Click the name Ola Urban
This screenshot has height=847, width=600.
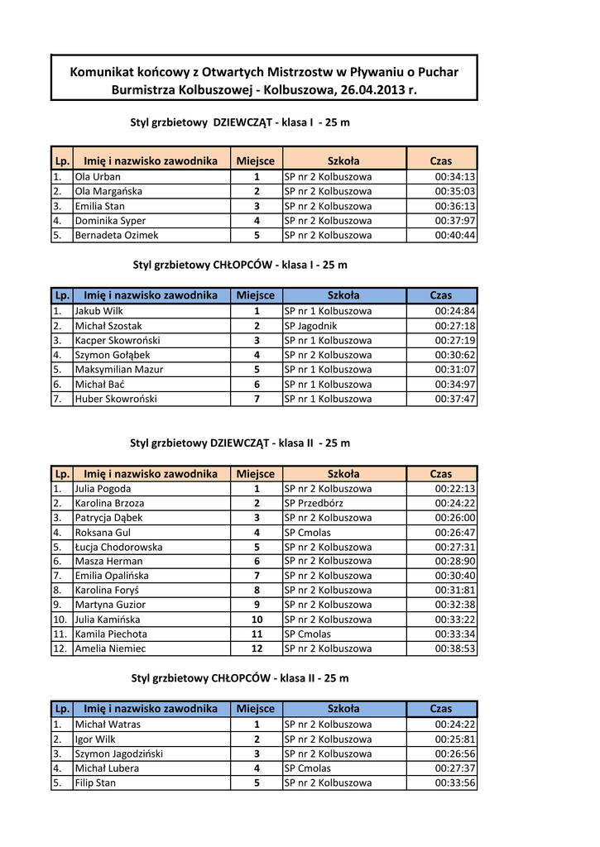click(98, 177)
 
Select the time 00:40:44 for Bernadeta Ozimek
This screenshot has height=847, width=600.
click(455, 236)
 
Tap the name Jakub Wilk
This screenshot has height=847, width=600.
click(98, 311)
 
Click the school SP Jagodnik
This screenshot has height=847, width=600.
click(310, 326)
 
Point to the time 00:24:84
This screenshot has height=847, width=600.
click(455, 311)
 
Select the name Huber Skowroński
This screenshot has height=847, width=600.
click(116, 399)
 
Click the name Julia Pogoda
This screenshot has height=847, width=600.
click(103, 489)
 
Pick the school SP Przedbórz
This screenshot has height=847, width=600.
click(314, 503)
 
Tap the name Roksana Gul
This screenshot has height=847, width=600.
click(103, 533)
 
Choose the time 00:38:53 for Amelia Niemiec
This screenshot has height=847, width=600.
click(455, 649)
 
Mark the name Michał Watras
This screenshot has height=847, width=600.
click(108, 725)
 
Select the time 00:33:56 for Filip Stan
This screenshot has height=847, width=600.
click(455, 783)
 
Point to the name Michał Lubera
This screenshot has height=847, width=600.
click(107, 768)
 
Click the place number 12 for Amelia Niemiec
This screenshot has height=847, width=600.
click(257, 649)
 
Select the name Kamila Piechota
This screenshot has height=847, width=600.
click(111, 634)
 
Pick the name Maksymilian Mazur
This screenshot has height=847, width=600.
click(119, 370)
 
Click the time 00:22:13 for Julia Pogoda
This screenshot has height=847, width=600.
click(455, 489)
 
